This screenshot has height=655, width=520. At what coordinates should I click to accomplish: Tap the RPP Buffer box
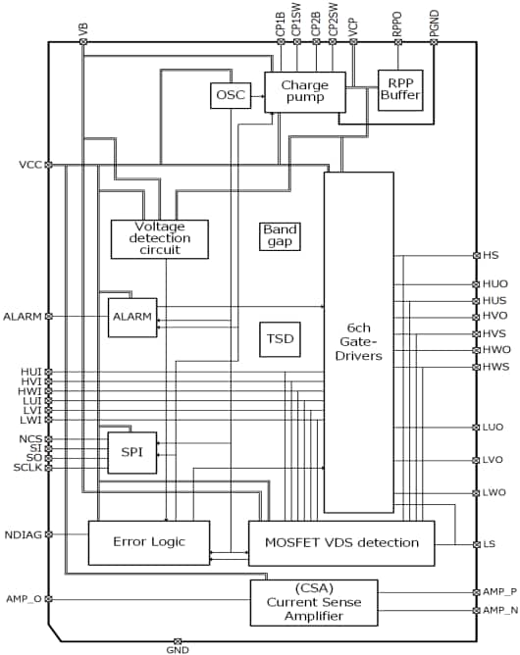(400, 91)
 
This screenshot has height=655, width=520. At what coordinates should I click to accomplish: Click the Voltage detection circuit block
(159, 238)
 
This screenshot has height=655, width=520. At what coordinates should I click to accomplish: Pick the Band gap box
(279, 235)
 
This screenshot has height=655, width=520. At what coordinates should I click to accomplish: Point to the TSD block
(279, 339)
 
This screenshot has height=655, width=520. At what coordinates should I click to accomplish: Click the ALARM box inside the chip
(131, 317)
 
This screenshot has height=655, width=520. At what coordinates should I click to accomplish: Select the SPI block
(131, 452)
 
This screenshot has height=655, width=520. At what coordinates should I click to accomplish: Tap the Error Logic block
(149, 542)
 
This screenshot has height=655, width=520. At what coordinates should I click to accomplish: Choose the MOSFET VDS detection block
(340, 542)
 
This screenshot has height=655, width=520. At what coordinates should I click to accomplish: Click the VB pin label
(82, 28)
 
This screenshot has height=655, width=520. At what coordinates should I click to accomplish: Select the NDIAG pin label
(22, 534)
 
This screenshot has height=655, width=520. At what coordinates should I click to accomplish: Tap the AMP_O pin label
(22, 598)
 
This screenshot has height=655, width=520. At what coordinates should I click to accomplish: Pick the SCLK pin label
(24, 468)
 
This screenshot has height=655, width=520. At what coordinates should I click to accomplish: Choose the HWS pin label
(497, 367)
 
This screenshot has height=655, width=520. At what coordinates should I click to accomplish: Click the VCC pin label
(27, 165)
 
